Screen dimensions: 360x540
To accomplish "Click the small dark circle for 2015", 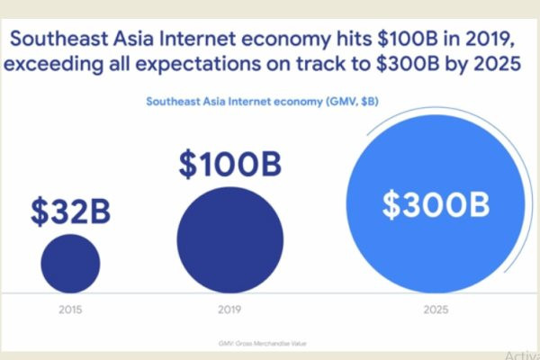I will coord(70,263).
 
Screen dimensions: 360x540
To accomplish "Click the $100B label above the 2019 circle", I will coord(229,166).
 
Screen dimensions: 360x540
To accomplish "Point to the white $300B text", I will coord(436,204).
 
